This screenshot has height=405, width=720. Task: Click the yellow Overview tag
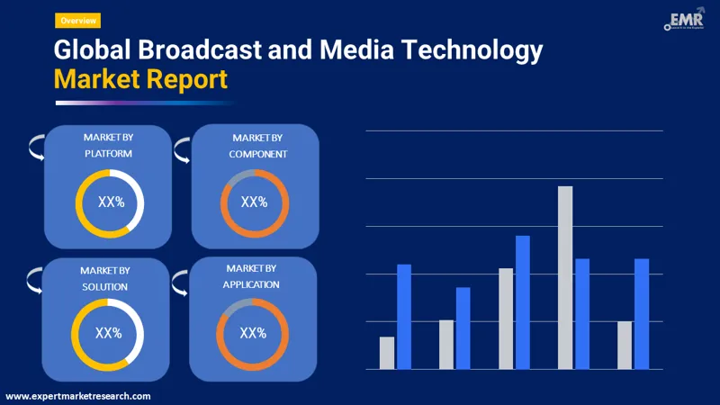pyautogui.click(x=77, y=20)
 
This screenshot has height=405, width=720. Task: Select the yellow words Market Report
pyautogui.click(x=140, y=79)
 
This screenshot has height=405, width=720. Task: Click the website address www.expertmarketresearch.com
pyautogui.click(x=78, y=396)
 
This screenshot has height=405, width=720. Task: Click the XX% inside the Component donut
pyautogui.click(x=254, y=202)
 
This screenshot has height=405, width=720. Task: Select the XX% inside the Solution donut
pyautogui.click(x=108, y=333)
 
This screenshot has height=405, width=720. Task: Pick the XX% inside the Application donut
pyautogui.click(x=253, y=333)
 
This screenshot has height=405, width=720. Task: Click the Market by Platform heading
pyautogui.click(x=108, y=146)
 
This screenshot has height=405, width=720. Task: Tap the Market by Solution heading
pyautogui.click(x=104, y=278)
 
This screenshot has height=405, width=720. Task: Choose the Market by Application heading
pyautogui.click(x=251, y=276)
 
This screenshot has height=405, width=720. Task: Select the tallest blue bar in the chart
pyautogui.click(x=523, y=301)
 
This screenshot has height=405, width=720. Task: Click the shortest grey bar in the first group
pyautogui.click(x=387, y=353)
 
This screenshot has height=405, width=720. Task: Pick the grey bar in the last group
pyautogui.click(x=625, y=345)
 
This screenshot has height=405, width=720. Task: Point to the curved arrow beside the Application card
pyautogui.click(x=182, y=282)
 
